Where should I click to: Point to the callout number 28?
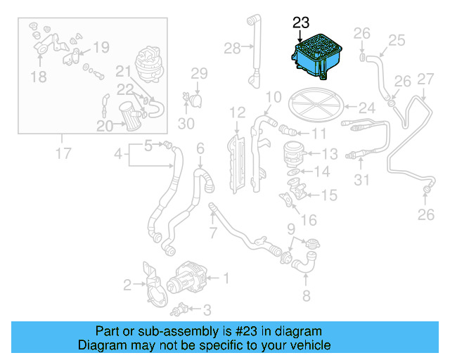pyautogui.click(x=232, y=48)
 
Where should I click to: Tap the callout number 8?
pyautogui.click(x=306, y=296)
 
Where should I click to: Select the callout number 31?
pyautogui.click(x=361, y=181)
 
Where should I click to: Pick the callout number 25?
pyautogui.click(x=397, y=40)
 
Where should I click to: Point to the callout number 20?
pyautogui.click(x=105, y=126)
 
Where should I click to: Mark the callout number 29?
pyautogui.click(x=199, y=73)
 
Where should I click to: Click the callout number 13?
pyautogui.click(x=330, y=153)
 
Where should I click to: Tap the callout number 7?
pyautogui.click(x=213, y=233)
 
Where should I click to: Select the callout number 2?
pyautogui.click(x=127, y=285)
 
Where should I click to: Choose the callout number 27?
pyautogui.click(x=425, y=79)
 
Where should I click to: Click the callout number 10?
pyautogui.click(x=274, y=96)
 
